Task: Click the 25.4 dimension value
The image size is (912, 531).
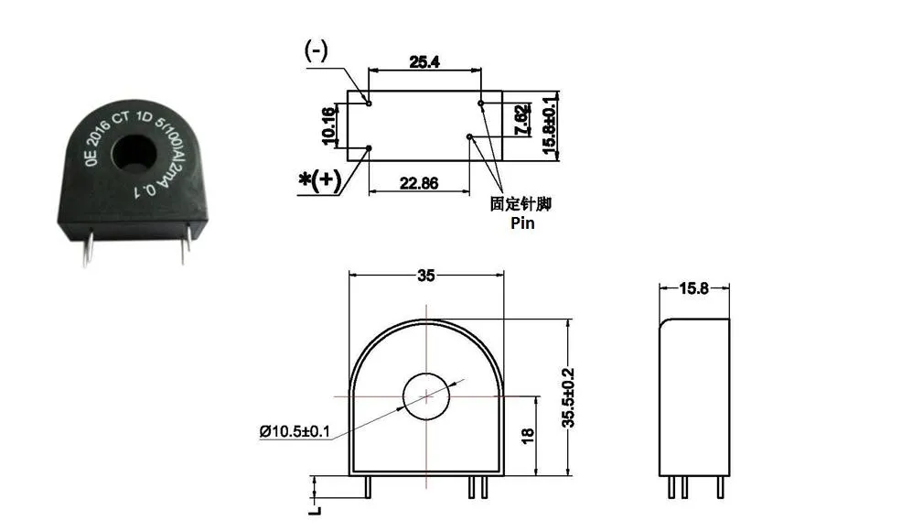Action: (424, 62)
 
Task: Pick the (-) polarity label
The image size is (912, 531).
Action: (317, 51)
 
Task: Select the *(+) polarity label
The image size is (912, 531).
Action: (320, 180)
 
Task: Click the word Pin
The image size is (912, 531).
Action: (521, 222)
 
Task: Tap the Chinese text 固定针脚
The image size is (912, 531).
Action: (521, 204)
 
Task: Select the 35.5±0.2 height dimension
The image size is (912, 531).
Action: (568, 396)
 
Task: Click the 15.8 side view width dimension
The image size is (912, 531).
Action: (694, 289)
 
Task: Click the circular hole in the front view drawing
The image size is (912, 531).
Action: (427, 396)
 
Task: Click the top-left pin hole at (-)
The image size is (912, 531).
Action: (369, 103)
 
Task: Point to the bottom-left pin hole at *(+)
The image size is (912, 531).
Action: (369, 146)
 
